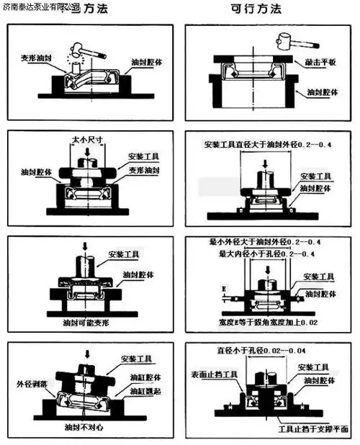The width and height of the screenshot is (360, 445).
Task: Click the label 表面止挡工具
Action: coord(214,374)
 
